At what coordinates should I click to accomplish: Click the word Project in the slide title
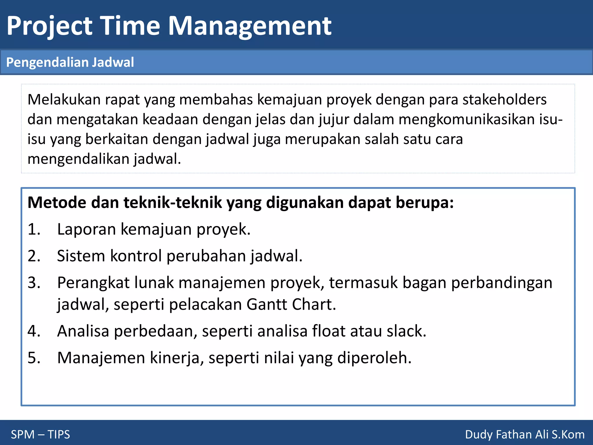50,26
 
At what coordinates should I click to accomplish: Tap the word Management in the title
250,26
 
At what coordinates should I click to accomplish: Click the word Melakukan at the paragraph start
64,99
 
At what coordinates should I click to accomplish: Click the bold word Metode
57,202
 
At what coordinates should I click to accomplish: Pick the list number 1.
34,229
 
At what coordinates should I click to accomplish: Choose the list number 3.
34,282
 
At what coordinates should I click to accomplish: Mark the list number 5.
34,358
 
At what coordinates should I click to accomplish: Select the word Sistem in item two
81,256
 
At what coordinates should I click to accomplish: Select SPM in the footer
23,435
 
